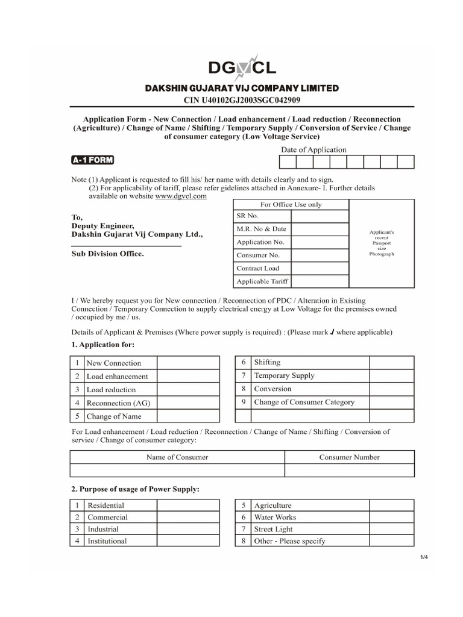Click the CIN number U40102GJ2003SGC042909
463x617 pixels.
click(241, 99)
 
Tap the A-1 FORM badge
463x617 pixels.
click(92, 160)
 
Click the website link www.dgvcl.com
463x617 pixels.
click(181, 196)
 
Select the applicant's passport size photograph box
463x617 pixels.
click(381, 243)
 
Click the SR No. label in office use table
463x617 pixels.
click(247, 216)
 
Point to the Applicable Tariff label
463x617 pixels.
click(262, 281)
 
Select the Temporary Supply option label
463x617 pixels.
click(284, 375)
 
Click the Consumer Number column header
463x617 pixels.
click(349, 457)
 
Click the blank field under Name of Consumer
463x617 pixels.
click(177, 471)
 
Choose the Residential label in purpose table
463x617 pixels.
click(106, 506)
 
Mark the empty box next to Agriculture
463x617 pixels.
click(392, 506)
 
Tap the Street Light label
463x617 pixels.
click(273, 529)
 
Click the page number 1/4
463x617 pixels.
click(424, 557)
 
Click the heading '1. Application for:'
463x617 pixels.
click(103, 345)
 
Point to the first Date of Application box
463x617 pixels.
click(287, 161)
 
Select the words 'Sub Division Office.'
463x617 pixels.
click(108, 254)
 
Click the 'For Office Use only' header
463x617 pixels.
click(291, 204)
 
